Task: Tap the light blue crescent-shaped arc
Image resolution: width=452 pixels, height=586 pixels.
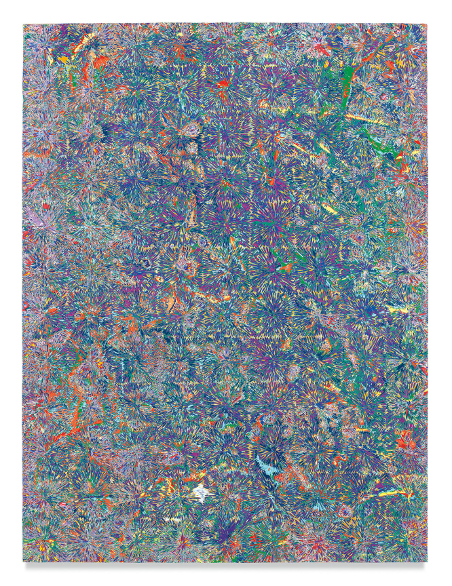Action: click(x=263, y=464)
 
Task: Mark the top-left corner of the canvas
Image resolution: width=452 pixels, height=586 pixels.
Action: click(x=23, y=24)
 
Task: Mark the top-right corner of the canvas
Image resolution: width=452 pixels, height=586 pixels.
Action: click(x=428, y=24)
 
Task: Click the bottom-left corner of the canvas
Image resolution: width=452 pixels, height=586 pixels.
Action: click(x=23, y=562)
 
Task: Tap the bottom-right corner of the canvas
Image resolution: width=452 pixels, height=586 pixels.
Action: click(x=428, y=562)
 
